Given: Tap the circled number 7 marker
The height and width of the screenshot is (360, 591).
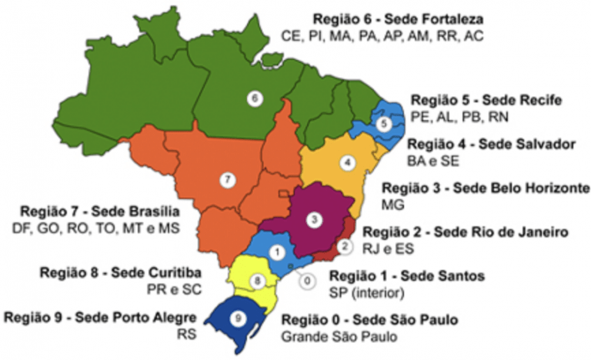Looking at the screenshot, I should pyautogui.click(x=227, y=179).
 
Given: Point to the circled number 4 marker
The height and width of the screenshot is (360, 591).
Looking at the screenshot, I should pyautogui.click(x=348, y=162).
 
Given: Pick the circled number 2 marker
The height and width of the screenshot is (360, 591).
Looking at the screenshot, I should pyautogui.click(x=344, y=246).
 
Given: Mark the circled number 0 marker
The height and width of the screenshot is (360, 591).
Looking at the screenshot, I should pyautogui.click(x=307, y=281).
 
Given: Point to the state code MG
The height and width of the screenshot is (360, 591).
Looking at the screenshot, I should pyautogui.click(x=392, y=205).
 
